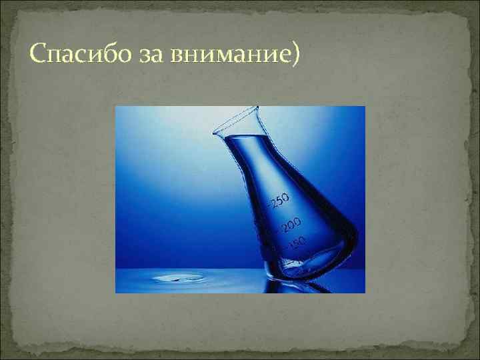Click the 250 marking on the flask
click(279, 198)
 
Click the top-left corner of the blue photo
click(116, 107)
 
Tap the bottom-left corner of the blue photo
click(116, 292)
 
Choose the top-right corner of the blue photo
click(365, 107)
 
